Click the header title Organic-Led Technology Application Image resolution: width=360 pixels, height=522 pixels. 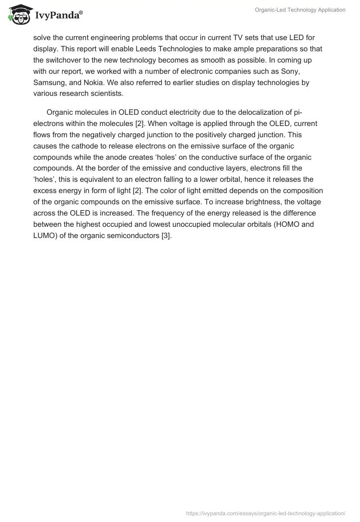300,9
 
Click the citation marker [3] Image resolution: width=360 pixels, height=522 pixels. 166,236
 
